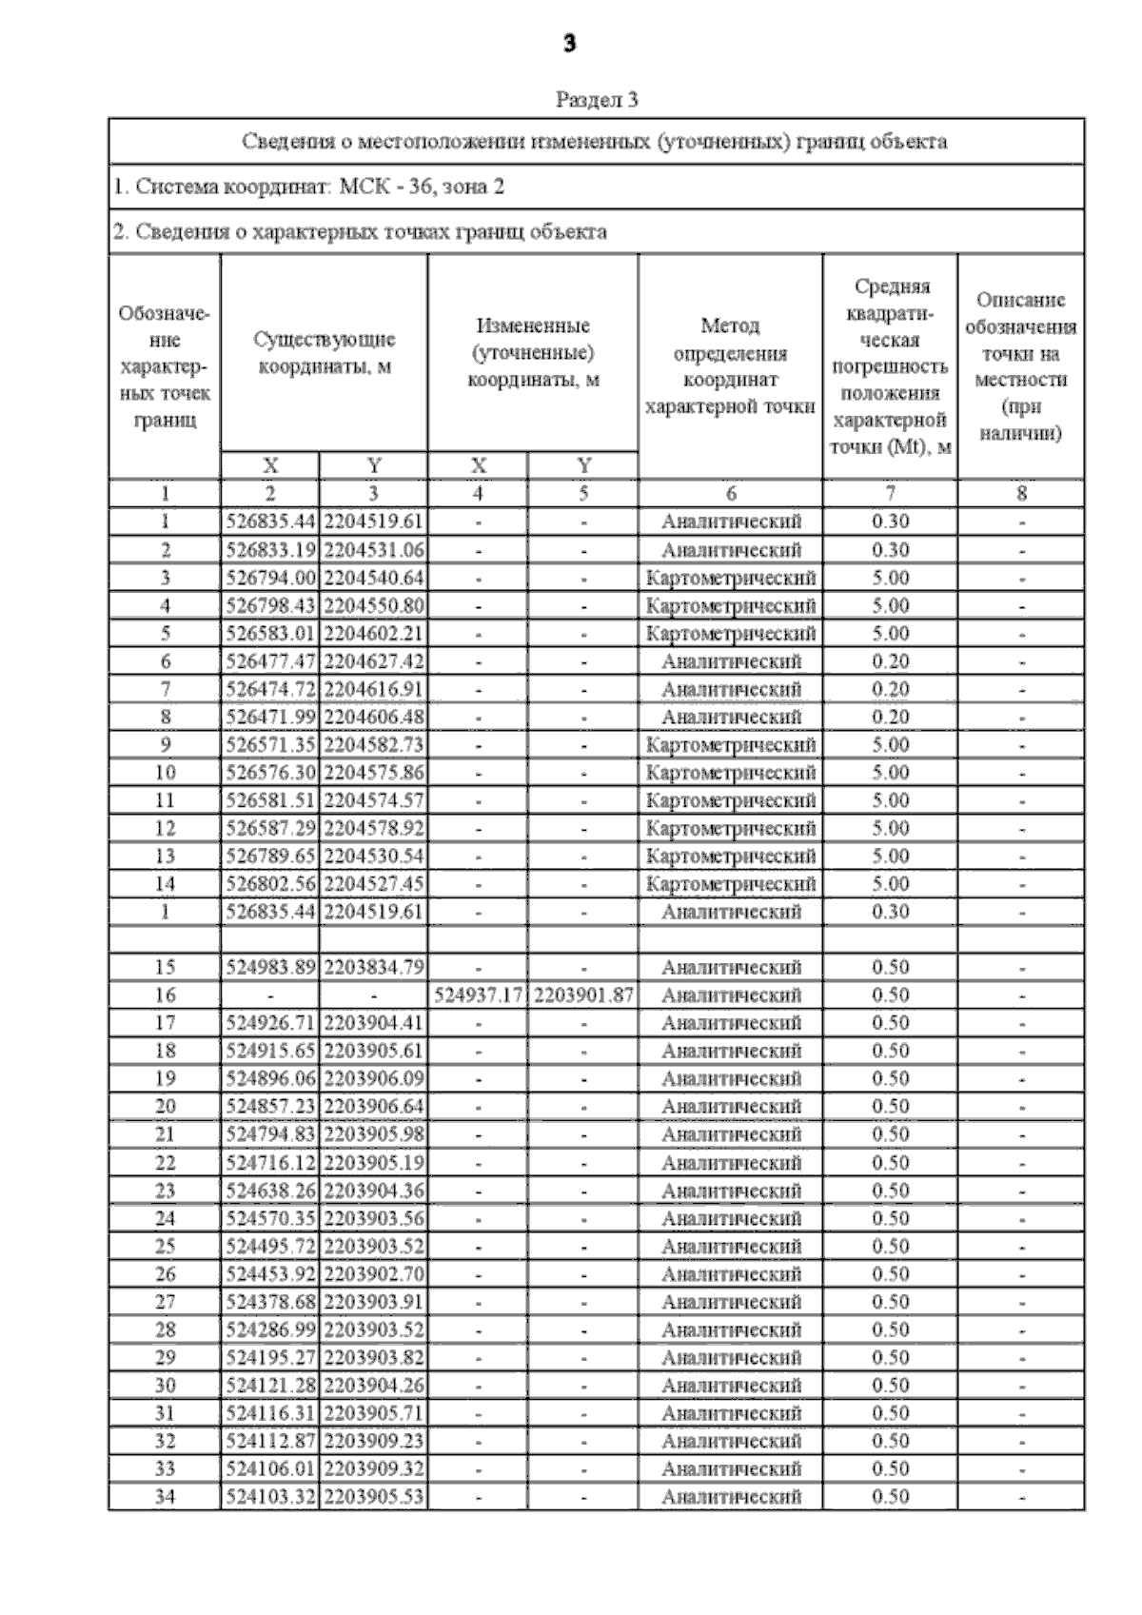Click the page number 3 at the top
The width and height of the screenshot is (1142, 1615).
pos(569,44)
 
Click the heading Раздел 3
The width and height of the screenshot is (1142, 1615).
pos(596,99)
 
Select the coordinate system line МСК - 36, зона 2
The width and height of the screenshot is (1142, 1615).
pos(308,187)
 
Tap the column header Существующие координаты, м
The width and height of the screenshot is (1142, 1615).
pos(325,353)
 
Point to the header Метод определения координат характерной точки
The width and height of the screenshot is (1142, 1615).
pos(730,366)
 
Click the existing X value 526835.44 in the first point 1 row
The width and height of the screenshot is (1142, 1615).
pos(270,522)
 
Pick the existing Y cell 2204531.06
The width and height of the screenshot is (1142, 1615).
pos(373,550)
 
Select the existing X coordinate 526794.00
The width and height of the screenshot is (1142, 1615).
pos(270,578)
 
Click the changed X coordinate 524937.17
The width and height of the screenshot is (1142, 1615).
pos(478,995)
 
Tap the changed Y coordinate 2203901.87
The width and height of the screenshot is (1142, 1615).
pos(582,995)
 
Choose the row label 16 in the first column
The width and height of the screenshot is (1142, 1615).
pos(165,995)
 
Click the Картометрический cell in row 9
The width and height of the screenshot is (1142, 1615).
pos(730,744)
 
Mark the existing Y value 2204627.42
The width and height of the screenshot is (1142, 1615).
pos(373,661)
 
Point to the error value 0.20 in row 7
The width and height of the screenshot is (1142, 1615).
pos(890,689)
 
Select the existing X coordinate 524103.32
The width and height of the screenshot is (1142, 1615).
pos(270,1497)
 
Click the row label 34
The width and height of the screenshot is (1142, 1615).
pos(165,1497)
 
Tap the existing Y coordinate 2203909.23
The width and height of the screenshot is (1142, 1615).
pos(373,1441)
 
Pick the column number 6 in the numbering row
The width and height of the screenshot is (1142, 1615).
pos(730,493)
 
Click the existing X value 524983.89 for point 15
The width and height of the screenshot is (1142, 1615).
pos(270,968)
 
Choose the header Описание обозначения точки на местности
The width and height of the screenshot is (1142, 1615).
pos(1020,366)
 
